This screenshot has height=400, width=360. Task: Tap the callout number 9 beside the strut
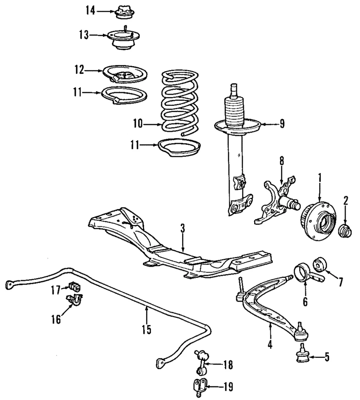[x=282, y=124]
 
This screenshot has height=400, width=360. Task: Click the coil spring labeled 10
[x=180, y=102]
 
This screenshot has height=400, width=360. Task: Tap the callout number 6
[x=305, y=302]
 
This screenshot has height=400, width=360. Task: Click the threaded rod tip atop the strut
[x=235, y=88]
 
